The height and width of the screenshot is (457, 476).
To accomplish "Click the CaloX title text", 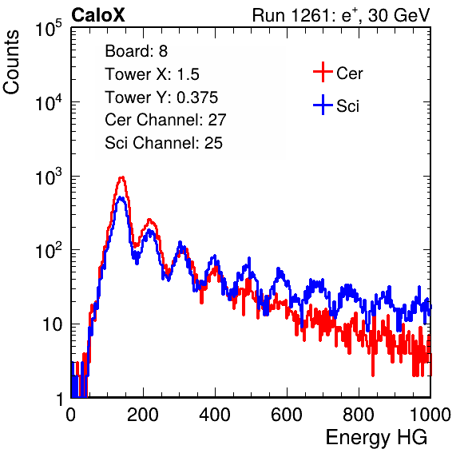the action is [x=97, y=15].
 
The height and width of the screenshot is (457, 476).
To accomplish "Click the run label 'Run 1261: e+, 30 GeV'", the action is [x=341, y=15].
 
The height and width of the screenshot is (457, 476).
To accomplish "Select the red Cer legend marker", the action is [x=323, y=72].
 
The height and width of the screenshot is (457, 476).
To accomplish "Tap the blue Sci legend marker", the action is [x=323, y=105].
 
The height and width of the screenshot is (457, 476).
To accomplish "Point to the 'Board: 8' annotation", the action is [x=136, y=51].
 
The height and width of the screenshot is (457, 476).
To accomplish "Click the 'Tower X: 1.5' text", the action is [x=152, y=74].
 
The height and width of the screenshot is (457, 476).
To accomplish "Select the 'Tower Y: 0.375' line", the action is [x=161, y=97].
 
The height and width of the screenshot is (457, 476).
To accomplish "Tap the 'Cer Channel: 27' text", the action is [x=165, y=120].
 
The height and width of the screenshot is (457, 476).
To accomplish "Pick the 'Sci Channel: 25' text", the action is [x=164, y=143].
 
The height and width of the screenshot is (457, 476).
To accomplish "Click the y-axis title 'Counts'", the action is [x=11, y=62].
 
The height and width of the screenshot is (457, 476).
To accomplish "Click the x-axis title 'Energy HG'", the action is [x=376, y=438].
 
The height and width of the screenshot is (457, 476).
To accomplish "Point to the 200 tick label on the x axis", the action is [x=143, y=415].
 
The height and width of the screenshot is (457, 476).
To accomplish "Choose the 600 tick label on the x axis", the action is [x=287, y=415].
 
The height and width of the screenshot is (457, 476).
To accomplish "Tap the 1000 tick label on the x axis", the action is [x=430, y=415].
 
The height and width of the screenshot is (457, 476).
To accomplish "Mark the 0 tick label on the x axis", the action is [x=71, y=415].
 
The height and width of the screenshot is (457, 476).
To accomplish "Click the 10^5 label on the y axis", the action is [x=49, y=28].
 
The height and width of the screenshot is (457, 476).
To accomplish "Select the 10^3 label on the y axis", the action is [x=49, y=177].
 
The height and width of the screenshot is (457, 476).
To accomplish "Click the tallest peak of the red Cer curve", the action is [x=121, y=177].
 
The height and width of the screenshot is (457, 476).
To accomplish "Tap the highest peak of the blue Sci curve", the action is [x=121, y=198].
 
